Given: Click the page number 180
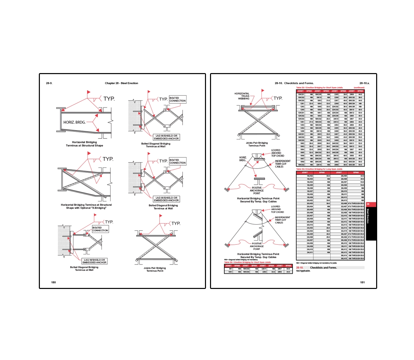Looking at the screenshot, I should coord(54,282).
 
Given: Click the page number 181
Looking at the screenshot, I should coord(362,282).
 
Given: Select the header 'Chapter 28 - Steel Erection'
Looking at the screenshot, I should coord(121,83).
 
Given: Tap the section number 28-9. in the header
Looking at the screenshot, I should coord(49,83).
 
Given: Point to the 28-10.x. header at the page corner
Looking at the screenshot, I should coord(364,83).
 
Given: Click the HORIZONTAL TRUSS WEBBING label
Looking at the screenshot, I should coord(242,96).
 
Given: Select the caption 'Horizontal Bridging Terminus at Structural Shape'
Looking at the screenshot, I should coord(84,144).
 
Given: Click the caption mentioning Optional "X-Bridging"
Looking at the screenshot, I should coord(86,206).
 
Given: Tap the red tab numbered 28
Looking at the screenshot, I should coord(368,204).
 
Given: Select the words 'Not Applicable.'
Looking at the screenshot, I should coord(303,271).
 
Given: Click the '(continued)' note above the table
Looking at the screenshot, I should coord(359,87).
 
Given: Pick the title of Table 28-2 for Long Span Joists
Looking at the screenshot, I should coord(319,169).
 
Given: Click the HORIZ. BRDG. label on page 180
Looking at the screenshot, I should coord(74,122).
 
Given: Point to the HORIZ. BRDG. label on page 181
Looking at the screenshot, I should coord(243,159).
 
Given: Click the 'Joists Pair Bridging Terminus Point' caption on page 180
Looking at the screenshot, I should coord(155,269).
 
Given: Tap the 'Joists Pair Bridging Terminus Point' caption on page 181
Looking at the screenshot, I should coord(257,144).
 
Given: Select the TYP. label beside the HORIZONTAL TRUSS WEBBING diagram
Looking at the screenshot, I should coord(278,98).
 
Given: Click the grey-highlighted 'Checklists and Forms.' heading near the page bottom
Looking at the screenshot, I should coord(323,267).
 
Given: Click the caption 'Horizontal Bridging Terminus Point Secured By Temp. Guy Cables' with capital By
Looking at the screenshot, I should coord(258,256).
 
